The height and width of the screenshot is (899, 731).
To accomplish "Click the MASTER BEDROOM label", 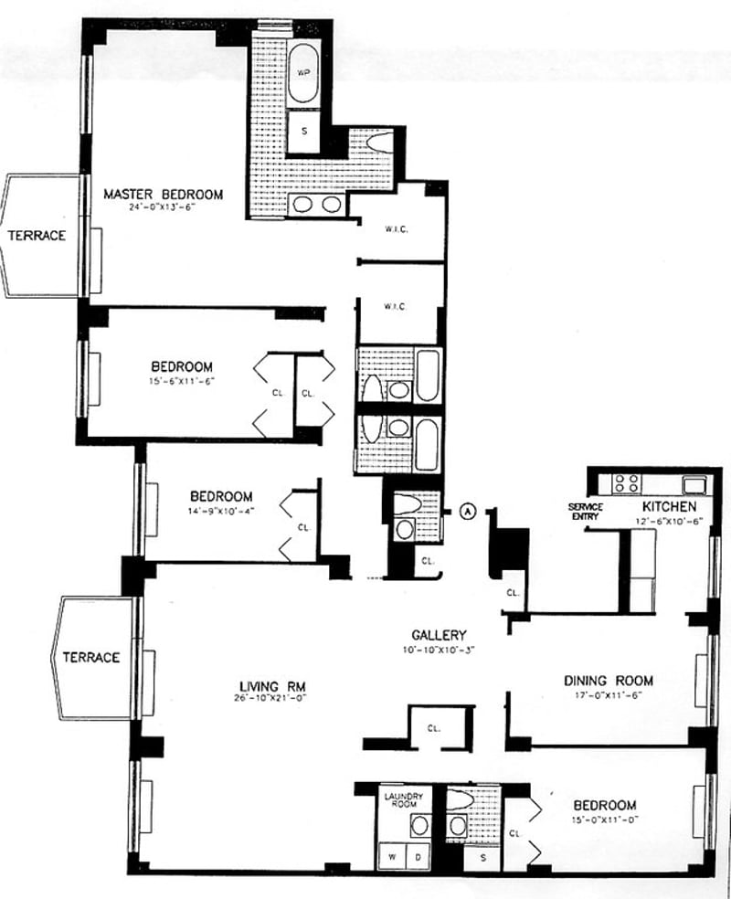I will click(x=163, y=194).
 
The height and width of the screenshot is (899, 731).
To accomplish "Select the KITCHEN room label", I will click(x=670, y=505).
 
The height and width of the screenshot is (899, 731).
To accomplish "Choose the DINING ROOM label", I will click(x=608, y=681).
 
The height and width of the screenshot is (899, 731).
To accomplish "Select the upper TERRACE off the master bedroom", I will click(x=37, y=235).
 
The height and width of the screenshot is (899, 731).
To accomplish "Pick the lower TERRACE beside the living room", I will click(x=91, y=657).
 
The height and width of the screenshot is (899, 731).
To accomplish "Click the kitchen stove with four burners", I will click(x=626, y=482).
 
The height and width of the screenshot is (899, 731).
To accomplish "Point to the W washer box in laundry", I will click(x=393, y=857).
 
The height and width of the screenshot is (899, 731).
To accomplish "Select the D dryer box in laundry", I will click(x=418, y=857).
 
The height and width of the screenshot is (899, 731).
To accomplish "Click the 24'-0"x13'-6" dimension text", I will click(x=163, y=207).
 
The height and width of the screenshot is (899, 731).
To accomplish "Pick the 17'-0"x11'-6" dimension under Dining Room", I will click(x=608, y=694).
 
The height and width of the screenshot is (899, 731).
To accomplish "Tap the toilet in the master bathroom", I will click(x=379, y=142).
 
